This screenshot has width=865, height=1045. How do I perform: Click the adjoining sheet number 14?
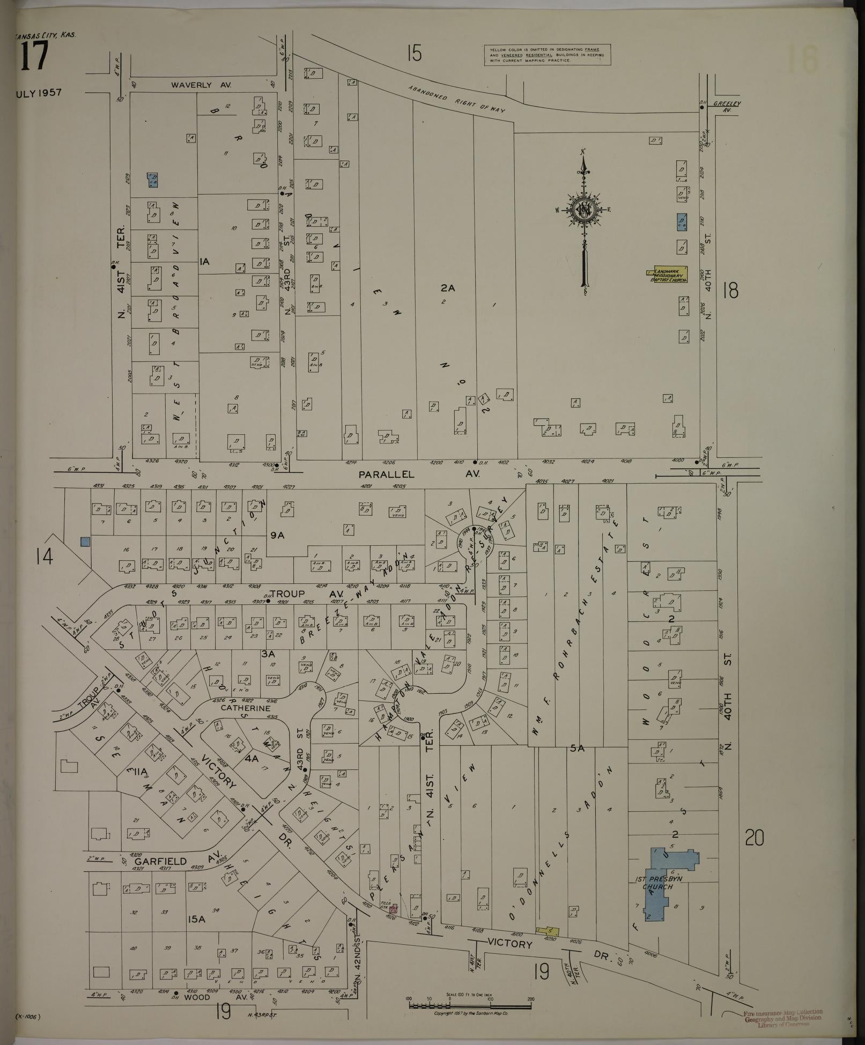click(45, 558)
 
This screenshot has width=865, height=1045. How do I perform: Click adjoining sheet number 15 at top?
click(414, 54)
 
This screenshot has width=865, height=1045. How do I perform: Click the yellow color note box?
click(547, 55)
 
